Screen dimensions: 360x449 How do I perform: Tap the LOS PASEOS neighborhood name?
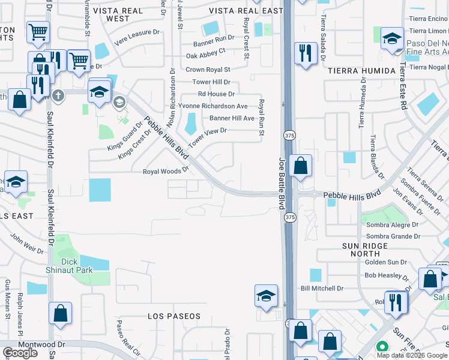click(174, 316)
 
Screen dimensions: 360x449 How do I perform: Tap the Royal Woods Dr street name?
click(166, 172)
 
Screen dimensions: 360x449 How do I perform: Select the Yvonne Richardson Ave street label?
click(212, 106)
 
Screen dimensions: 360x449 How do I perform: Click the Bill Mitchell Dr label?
click(322, 289)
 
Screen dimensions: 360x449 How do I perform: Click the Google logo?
click(20, 353)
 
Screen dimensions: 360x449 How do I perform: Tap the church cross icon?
click(58, 95)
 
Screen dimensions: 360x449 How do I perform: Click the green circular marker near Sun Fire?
click(381, 347)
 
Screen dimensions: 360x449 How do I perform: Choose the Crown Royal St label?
click(208, 70)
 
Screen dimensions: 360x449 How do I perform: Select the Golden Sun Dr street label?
click(386, 262)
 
